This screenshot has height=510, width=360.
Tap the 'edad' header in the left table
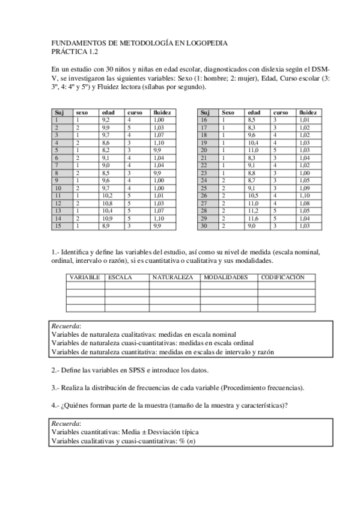108,112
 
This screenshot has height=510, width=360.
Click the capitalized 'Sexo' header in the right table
228,112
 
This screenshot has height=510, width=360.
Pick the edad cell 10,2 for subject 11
107,195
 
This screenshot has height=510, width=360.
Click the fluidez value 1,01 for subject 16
305,120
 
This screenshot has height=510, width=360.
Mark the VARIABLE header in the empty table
85,278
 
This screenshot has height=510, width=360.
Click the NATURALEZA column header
172,278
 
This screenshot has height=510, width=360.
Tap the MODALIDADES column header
225,278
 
